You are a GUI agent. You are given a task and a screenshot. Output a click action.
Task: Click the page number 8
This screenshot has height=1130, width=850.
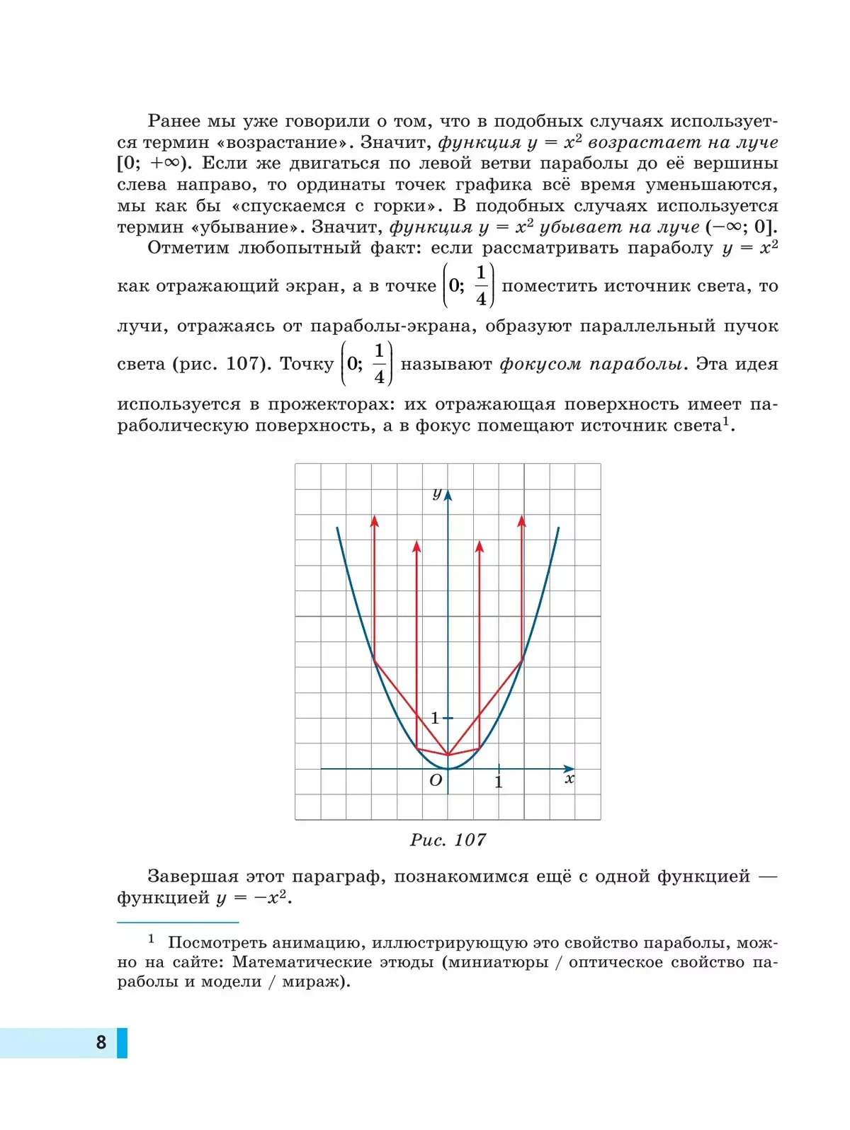pyautogui.click(x=101, y=1042)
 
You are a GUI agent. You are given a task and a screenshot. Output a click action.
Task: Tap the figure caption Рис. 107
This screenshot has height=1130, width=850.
pyautogui.click(x=448, y=840)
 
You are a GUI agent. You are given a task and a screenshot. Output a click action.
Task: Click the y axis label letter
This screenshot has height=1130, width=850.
pyautogui.click(x=437, y=493)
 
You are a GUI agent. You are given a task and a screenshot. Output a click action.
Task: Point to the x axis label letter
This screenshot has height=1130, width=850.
pyautogui.click(x=569, y=779)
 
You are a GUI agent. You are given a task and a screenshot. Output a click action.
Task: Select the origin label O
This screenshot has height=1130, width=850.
pyautogui.click(x=436, y=780)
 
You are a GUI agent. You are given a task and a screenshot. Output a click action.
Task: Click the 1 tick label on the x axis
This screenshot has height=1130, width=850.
pyautogui.click(x=499, y=782)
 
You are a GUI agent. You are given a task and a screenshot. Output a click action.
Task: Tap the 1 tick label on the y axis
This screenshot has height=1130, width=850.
pyautogui.click(x=435, y=719)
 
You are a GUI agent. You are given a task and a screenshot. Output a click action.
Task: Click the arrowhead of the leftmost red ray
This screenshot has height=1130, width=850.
pyautogui.click(x=375, y=520)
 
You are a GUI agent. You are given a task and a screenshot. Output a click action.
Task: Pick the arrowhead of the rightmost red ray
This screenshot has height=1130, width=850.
pyautogui.click(x=522, y=520)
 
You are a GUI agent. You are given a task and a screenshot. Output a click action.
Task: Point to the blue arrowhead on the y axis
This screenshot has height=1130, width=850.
pyautogui.click(x=448, y=494)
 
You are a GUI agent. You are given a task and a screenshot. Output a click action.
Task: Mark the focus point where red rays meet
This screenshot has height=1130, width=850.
pyautogui.click(x=448, y=755)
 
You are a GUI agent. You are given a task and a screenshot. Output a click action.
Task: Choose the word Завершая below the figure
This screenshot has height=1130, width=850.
pyautogui.click(x=193, y=877)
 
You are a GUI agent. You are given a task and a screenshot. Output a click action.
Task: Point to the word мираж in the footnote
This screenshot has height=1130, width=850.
pyautogui.click(x=312, y=982)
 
